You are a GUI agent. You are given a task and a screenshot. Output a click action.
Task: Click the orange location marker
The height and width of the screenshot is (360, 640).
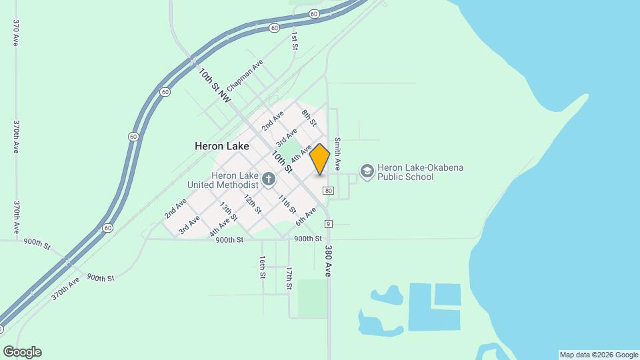(x=320, y=159)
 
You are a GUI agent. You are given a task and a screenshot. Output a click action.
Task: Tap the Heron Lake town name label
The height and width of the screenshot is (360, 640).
(x=222, y=145)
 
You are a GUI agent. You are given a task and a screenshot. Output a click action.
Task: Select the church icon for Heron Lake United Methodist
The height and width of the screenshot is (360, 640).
(x=268, y=178)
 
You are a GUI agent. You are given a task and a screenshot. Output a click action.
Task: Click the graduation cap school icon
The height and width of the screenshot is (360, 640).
(x=367, y=171)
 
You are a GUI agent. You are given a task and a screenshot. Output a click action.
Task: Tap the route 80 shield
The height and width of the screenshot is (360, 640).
(x=328, y=191)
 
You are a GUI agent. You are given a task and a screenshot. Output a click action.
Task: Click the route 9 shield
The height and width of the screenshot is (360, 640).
(x=328, y=223)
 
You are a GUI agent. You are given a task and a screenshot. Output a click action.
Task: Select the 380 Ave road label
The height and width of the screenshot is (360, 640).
(x=328, y=261)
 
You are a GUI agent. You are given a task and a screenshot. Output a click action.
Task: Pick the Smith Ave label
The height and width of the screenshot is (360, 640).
(x=338, y=153)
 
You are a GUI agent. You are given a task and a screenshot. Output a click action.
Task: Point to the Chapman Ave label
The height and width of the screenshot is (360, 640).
(x=245, y=75)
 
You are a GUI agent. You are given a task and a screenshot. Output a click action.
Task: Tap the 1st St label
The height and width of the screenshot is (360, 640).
(x=293, y=41)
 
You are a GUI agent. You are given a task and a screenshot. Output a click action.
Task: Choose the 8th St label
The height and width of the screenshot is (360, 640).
(x=309, y=119)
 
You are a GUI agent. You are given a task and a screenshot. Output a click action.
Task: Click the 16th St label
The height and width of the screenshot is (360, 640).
(x=263, y=267)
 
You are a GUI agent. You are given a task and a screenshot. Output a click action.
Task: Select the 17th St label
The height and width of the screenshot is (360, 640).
(x=289, y=278)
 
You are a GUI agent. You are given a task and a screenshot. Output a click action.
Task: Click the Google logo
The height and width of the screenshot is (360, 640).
(x=22, y=352)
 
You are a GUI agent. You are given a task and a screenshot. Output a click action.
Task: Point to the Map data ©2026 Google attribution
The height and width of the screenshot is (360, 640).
(x=599, y=355)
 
